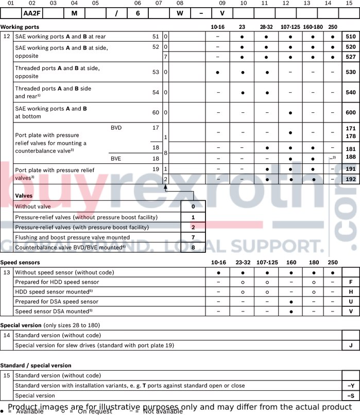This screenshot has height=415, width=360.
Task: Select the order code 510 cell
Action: pos(350,37)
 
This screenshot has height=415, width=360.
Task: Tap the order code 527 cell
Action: pos(350,57)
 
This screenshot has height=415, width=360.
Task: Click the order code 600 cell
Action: pos(350,112)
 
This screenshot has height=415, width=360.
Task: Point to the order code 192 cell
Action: pos(350,179)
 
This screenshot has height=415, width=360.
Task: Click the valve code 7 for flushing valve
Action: pos(193,237)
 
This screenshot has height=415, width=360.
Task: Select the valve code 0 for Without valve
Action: pos(193,206)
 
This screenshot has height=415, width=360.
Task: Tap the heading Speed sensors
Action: pos(20,263)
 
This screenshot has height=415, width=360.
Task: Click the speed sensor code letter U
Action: pos(350,302)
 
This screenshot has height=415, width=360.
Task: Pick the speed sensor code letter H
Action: pos(350,292)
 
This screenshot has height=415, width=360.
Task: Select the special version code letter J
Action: pos(350,345)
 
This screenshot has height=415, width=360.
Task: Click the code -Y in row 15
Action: pos(350,386)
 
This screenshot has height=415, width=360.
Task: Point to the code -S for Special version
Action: pos(350,395)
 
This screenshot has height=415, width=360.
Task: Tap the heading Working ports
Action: pos(20,27)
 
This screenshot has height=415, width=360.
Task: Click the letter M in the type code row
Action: pos(74,13)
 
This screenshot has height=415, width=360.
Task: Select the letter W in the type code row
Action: pos(180,13)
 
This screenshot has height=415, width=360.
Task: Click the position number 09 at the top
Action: pos(222,4)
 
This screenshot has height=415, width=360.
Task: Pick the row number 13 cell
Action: pos(7,272)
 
